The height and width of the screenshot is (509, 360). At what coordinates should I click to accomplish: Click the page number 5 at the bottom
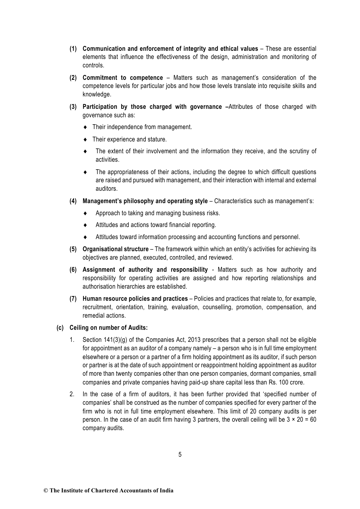coord(180,455)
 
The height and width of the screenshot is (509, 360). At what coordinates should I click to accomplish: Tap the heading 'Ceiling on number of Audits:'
coord(109,328)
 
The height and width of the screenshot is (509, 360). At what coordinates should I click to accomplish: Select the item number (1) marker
coord(73,49)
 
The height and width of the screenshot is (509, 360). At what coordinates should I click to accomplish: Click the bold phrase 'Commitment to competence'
coord(122,78)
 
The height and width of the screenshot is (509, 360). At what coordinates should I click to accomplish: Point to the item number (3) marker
coord(73,107)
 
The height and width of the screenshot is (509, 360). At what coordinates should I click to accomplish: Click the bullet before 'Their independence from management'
coord(86,127)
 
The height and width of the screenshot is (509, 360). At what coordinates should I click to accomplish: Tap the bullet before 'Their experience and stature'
coord(86,140)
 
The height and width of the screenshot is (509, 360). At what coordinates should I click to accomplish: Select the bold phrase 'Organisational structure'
coord(115,249)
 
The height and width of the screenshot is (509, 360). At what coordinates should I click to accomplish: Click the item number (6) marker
coord(73,270)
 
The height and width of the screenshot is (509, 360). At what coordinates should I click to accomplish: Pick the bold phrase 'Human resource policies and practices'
coord(135,299)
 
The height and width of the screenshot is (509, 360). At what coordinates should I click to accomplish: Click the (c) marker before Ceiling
coord(60,328)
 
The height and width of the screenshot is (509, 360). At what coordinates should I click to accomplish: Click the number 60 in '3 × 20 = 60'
coord(313,420)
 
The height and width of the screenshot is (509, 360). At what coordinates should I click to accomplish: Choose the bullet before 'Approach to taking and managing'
coord(86,213)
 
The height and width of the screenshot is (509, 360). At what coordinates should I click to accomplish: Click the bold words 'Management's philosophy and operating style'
coord(145,201)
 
